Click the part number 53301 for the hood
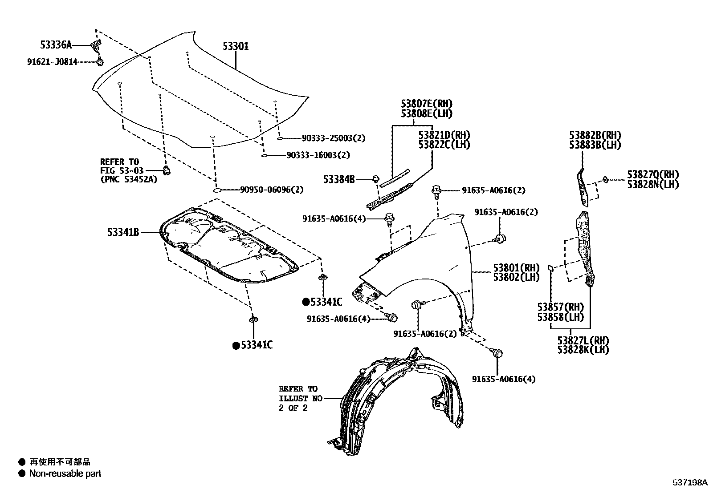pos(236,46)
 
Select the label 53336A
pos(55,45)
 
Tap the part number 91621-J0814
pos(52,62)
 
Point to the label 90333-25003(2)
pos(333,138)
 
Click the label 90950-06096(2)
pos(272,190)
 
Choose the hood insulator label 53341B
pos(123,232)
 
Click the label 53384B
pos(339,179)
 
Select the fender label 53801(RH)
pos(516,268)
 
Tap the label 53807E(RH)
pos(426,104)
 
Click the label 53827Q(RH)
pos(653,174)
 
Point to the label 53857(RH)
pos(560,307)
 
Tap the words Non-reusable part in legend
pos(65,473)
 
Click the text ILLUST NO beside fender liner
pos(300,399)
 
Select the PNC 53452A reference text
pos(128,180)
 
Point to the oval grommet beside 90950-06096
pos(217,190)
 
